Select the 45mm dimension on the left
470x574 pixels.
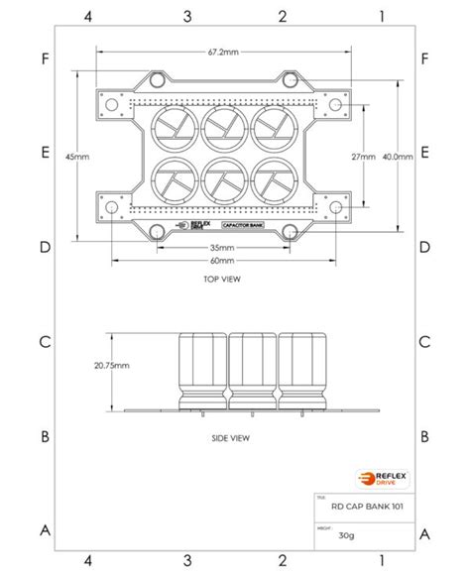pos(76,157)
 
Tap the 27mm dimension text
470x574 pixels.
pos(363,157)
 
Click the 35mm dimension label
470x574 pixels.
pos(222,248)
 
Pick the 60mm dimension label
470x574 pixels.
pos(222,261)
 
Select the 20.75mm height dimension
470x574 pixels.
pos(110,365)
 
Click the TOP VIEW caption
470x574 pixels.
pos(222,280)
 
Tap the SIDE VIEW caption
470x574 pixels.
pos(231,436)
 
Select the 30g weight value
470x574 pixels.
pos(346,535)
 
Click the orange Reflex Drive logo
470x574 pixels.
pos(377,478)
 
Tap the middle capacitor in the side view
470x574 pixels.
pos(252,372)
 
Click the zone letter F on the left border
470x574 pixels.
pos(45,58)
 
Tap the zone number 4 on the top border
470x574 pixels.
pos(90,16)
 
